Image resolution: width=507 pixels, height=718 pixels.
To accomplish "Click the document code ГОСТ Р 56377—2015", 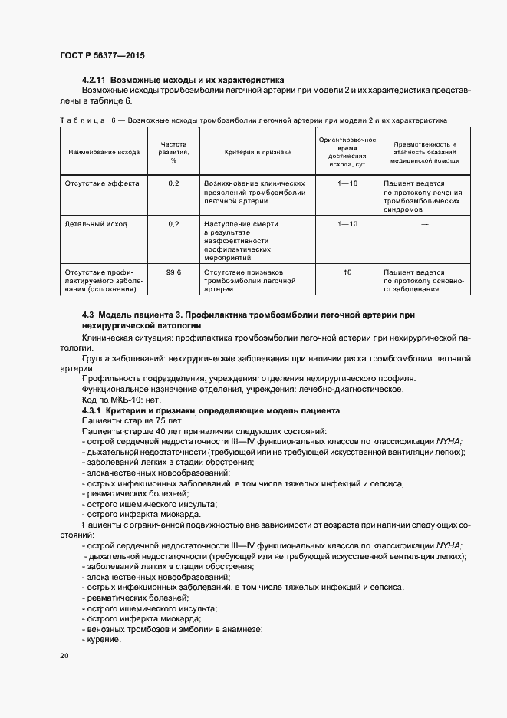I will point(101,56).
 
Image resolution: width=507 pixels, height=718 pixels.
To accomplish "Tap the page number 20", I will point(64,656).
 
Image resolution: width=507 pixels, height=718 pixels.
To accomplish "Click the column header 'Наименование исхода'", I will point(104,152).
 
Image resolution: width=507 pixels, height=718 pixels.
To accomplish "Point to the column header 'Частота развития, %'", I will point(173,152).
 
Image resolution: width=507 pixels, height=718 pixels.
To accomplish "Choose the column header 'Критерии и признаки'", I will point(257,152).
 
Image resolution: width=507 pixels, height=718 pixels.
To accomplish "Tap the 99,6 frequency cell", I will point(173,272).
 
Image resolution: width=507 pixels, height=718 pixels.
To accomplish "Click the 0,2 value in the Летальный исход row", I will point(173,224).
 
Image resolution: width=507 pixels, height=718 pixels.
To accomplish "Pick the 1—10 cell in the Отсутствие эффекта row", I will point(347,184).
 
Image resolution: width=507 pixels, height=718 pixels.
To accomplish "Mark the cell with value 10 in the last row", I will point(347,272).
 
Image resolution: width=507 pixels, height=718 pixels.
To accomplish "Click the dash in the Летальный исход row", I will point(424,224).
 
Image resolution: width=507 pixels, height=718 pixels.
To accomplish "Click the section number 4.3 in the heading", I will point(87,315).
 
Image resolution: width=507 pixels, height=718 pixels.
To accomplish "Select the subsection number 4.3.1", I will point(92,411).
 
